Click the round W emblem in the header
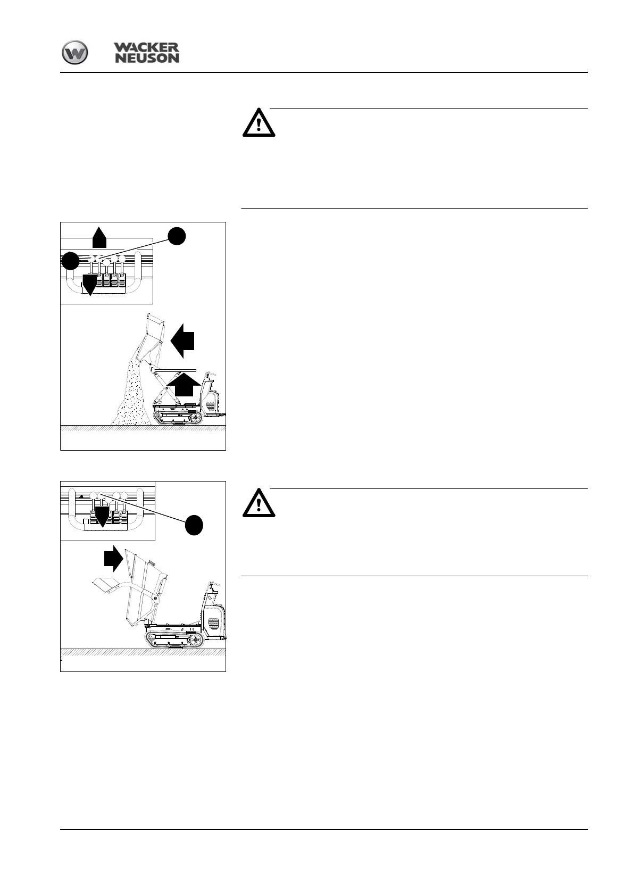pyautogui.click(x=75, y=54)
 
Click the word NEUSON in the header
pyautogui.click(x=147, y=58)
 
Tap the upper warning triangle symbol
pyautogui.click(x=259, y=123)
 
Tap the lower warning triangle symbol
pyautogui.click(x=259, y=503)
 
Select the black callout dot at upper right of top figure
pyautogui.click(x=177, y=236)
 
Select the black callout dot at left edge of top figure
pyautogui.click(x=70, y=261)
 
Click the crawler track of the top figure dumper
pyautogui.click(x=178, y=418)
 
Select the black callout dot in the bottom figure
pyautogui.click(x=194, y=525)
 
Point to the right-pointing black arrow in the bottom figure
pyautogui.click(x=113, y=559)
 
